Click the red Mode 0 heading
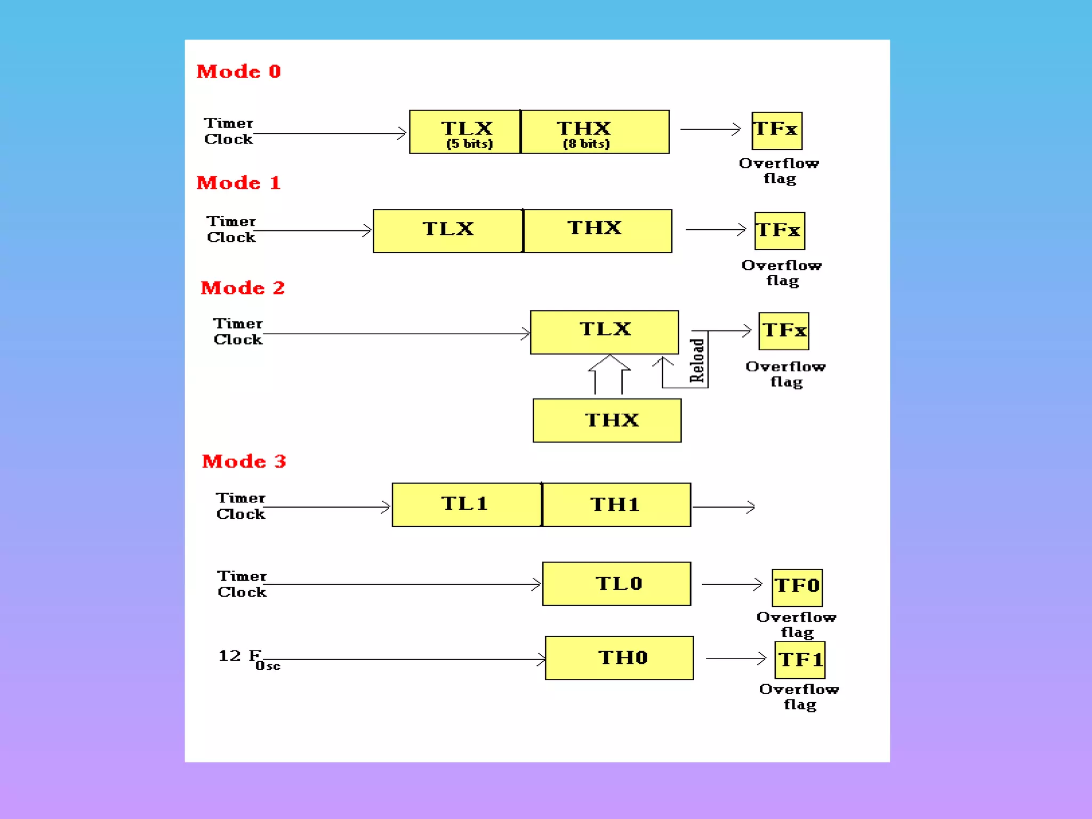pos(238,71)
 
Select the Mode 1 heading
pos(238,183)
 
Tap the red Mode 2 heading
pos(243,288)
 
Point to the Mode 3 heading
pos(244,461)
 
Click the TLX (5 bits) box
pos(465,132)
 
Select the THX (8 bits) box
pos(595,132)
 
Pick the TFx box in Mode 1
pos(780,231)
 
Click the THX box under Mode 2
pos(607,421)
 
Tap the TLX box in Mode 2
pos(604,332)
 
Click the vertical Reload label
pos(697,360)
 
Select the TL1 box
pos(467,505)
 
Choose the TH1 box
pos(616,505)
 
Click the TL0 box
pos(616,584)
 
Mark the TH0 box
pos(619,658)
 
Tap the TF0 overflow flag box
pos(797,588)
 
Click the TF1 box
pos(800,660)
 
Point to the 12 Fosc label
pos(248,659)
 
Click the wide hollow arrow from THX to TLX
pos(609,373)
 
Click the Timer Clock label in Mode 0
pos(228,131)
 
